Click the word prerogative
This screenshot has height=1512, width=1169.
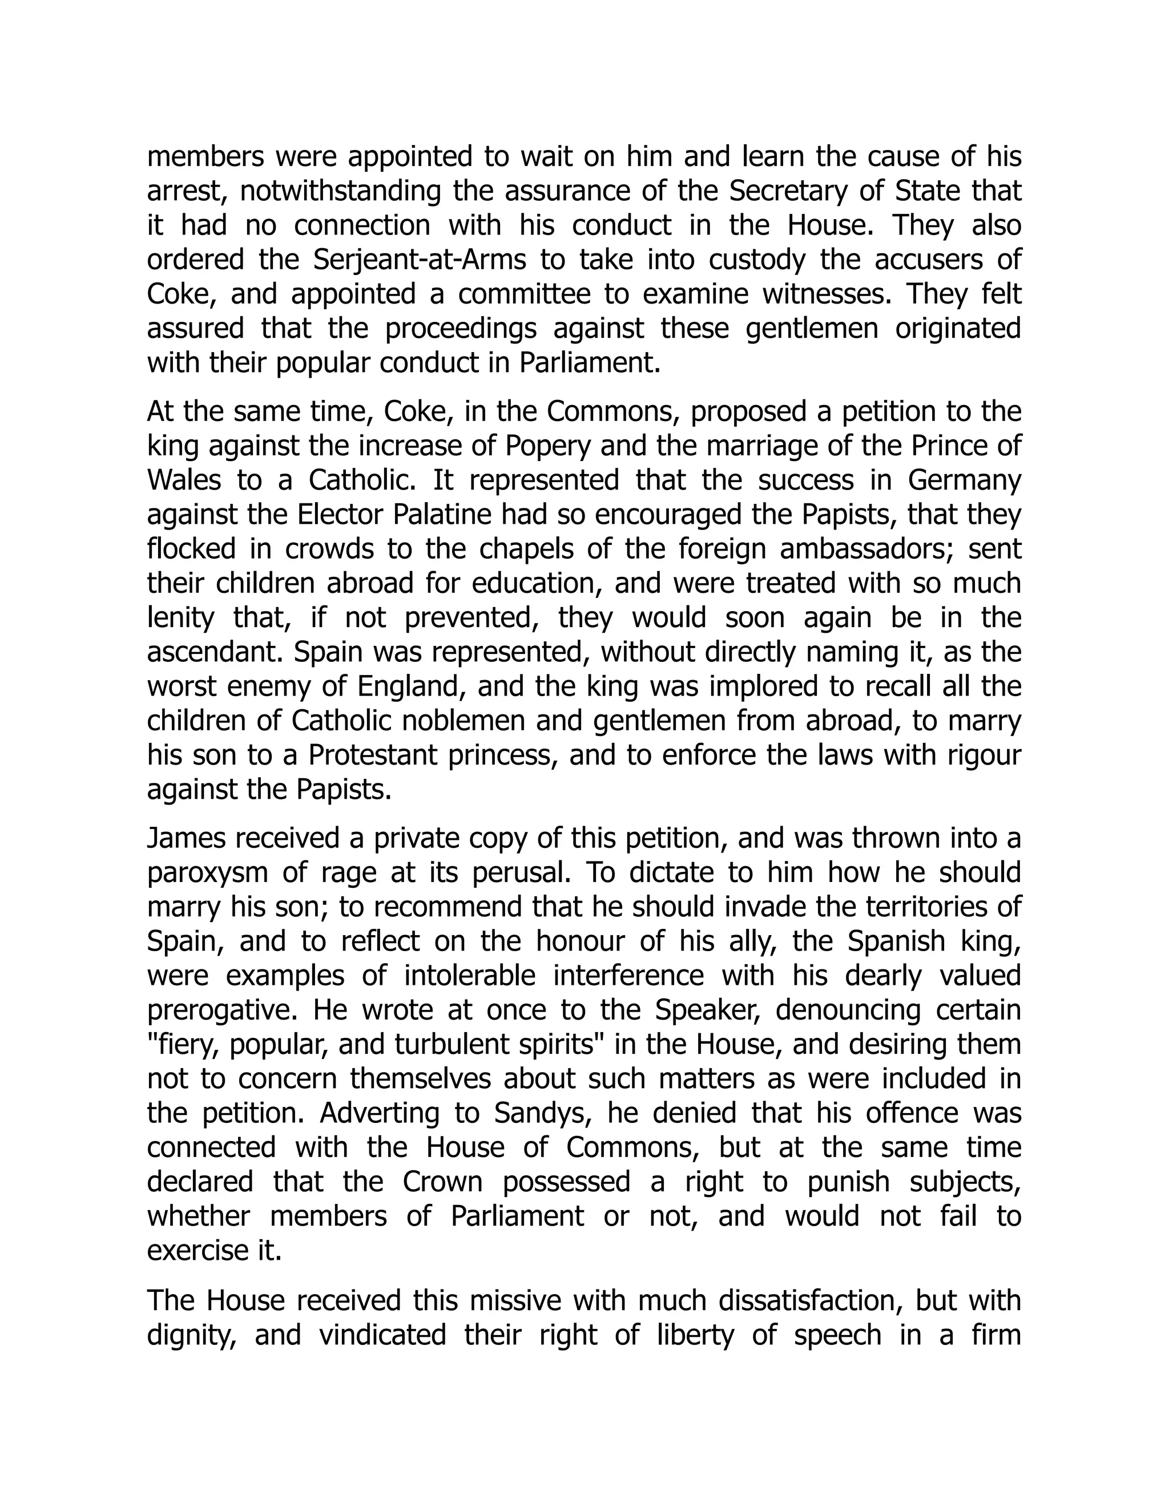[222, 1010]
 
